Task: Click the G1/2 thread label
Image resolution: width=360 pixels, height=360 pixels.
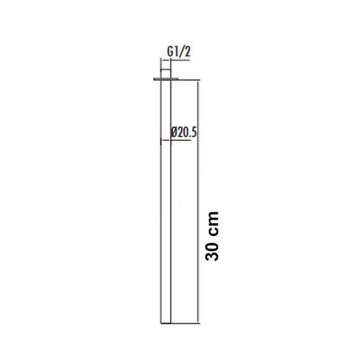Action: (179, 52)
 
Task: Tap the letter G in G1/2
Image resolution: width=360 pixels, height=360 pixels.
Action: (170, 52)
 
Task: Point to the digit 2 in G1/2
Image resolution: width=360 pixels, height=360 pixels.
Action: (188, 52)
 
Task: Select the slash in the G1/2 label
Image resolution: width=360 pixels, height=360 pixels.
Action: (181, 52)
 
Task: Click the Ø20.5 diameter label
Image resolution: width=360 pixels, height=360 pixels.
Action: (184, 132)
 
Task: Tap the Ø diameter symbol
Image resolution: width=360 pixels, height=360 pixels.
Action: (174, 133)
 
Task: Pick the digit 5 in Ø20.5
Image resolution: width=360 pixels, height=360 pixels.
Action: (194, 133)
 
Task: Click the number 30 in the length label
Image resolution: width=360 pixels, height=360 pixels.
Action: (212, 252)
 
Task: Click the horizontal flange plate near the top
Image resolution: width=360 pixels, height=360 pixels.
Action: (166, 79)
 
